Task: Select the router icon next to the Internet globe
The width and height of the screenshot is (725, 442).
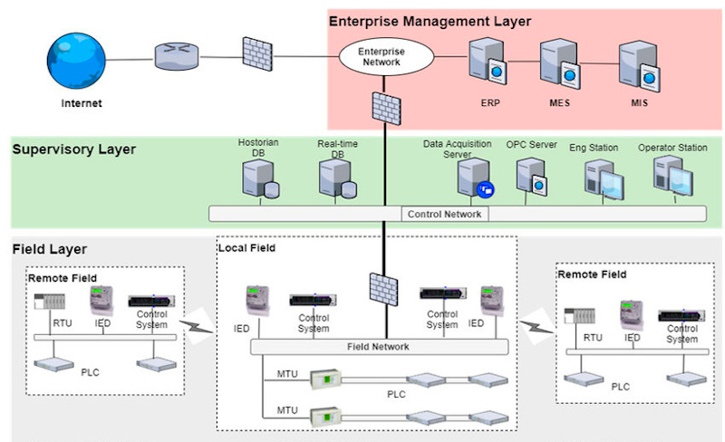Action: (x=173, y=56)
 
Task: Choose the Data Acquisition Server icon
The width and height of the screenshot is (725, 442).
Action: (x=476, y=177)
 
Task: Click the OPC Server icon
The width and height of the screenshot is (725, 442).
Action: (x=534, y=177)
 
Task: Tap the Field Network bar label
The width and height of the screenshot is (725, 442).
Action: (x=379, y=347)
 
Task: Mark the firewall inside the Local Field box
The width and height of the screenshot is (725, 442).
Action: (x=380, y=290)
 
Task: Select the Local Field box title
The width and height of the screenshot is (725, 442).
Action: (x=246, y=247)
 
